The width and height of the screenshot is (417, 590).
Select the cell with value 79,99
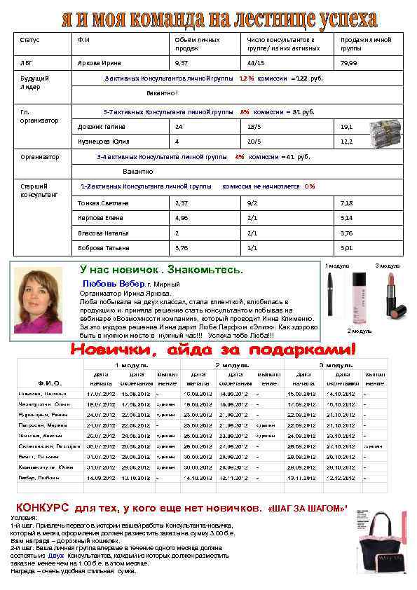349,63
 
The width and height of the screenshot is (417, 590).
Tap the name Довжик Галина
101,127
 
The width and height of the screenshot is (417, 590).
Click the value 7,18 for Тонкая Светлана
347,203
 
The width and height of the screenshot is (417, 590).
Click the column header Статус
30,41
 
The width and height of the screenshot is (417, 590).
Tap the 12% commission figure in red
247,79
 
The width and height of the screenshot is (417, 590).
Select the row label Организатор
40,158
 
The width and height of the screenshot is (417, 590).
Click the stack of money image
385,130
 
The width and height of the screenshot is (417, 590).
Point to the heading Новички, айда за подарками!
212,348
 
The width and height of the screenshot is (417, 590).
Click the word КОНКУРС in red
42,507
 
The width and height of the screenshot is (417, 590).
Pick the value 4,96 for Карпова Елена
182,218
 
